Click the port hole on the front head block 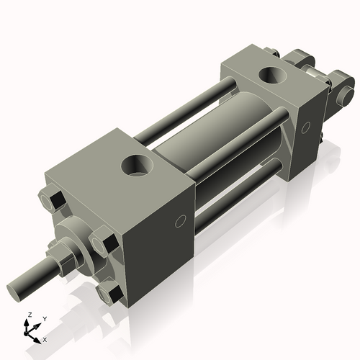tap(138, 166)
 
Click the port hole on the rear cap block tap(273, 76)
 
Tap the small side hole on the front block tap(181, 221)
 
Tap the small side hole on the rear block tap(305, 127)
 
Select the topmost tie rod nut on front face tap(52, 198)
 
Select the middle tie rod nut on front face tap(104, 240)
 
